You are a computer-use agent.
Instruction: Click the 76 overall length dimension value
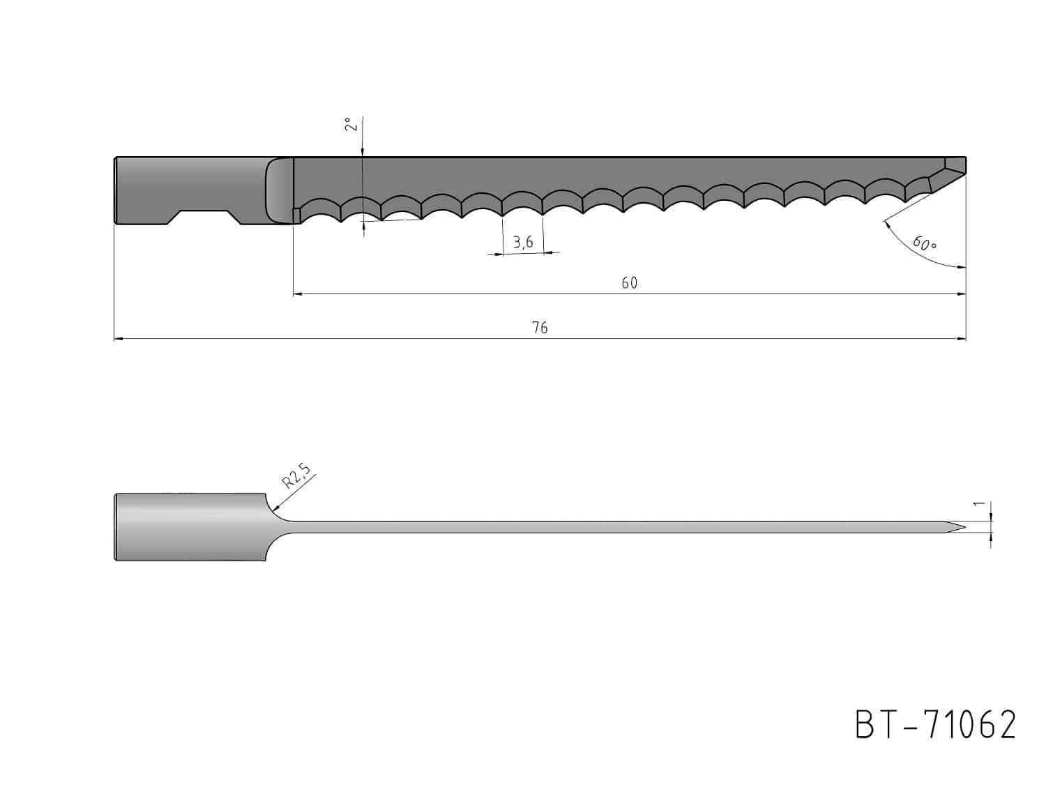point(540,328)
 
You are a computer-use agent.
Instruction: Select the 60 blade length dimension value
point(629,283)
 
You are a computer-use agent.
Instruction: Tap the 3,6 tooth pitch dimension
point(523,242)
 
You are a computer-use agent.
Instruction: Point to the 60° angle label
point(924,243)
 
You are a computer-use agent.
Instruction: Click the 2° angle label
point(351,123)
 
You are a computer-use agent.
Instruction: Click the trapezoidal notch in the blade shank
point(204,217)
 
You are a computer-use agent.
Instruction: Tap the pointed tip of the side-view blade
point(964,527)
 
